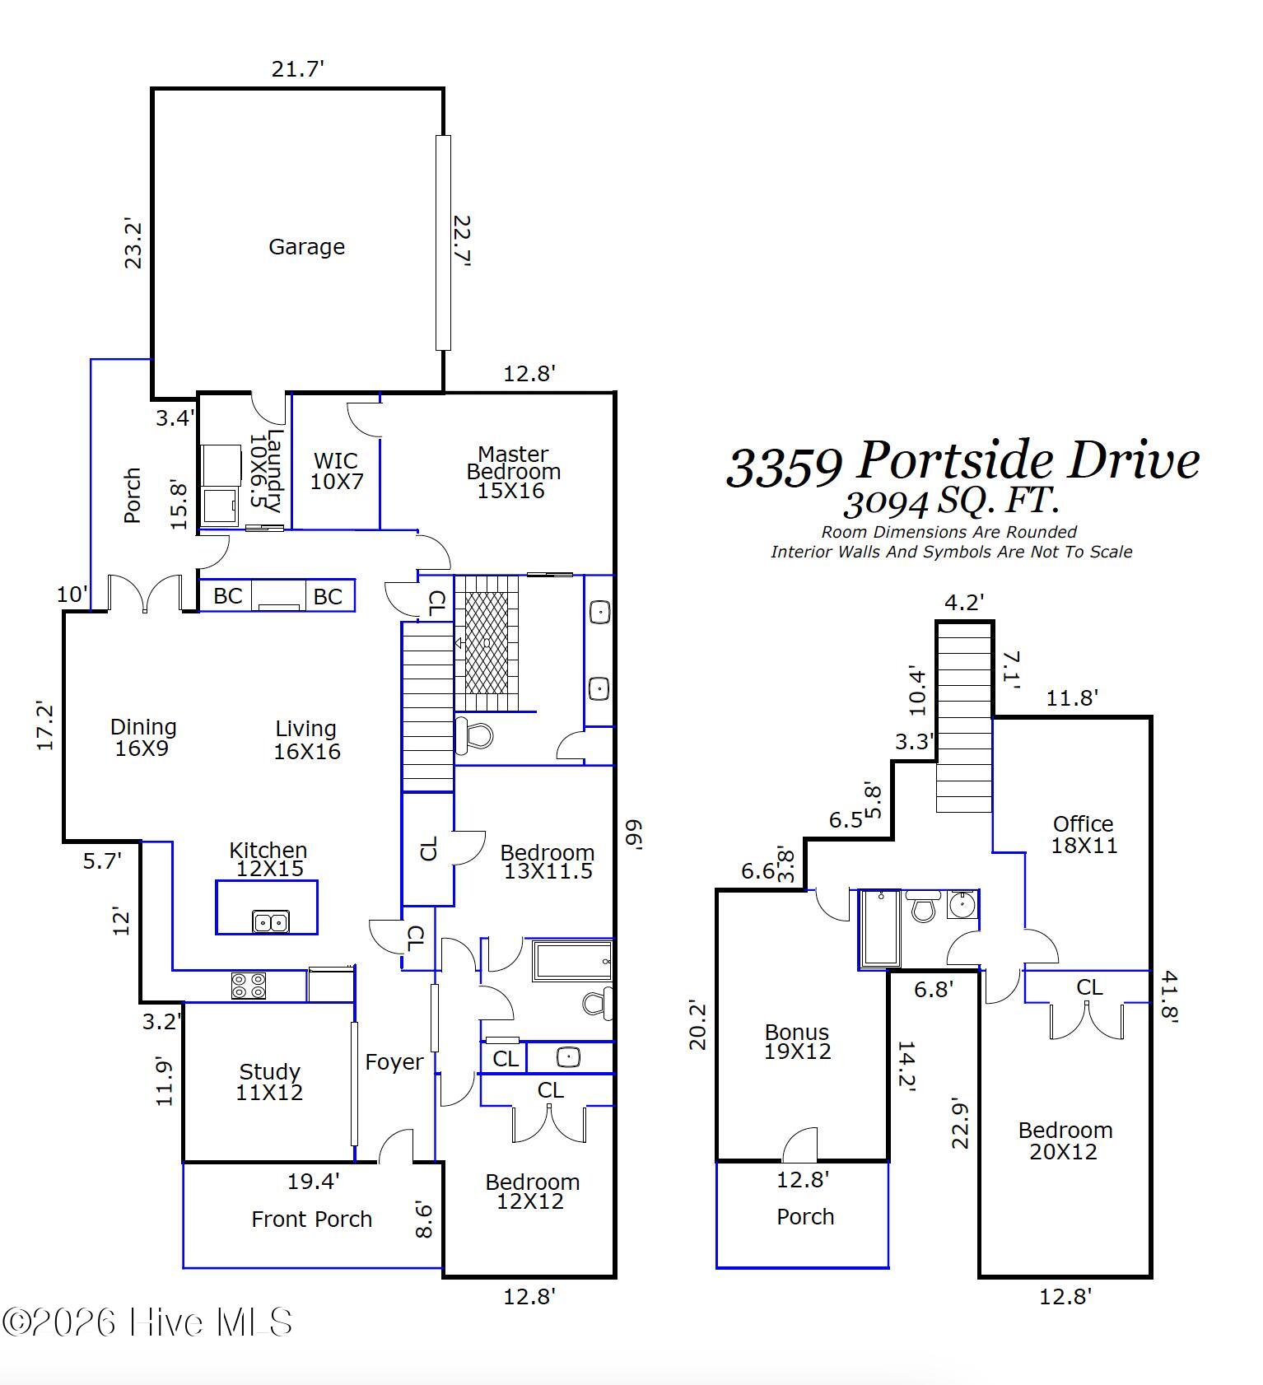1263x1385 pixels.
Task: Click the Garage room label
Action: coord(306,247)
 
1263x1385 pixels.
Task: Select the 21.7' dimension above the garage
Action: coord(298,69)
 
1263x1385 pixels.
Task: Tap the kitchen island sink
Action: coord(270,921)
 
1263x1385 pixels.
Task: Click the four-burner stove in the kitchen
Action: coord(248,986)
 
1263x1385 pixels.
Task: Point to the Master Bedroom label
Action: coord(513,472)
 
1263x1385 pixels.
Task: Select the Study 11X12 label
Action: coord(269,1082)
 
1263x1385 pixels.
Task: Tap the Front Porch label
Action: coord(311,1219)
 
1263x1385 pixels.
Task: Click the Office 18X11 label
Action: coord(1084,834)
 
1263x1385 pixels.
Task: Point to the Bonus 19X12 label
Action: coord(797,1042)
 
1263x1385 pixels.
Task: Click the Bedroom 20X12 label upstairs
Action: coord(1065,1140)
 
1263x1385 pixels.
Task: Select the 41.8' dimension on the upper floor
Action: coord(1169,996)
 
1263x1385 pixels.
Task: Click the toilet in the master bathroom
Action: coord(475,734)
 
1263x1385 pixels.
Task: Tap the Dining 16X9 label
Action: coord(143,737)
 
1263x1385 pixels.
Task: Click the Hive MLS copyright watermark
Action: coord(148,1322)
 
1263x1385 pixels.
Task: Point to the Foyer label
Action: coord(394,1062)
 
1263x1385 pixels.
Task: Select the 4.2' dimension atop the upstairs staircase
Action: coord(964,603)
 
